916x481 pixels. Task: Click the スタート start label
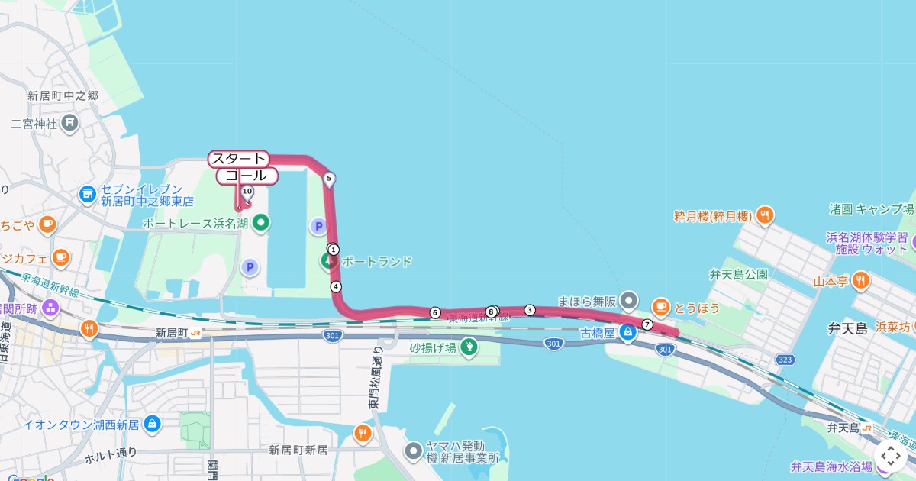pyautogui.click(x=238, y=159)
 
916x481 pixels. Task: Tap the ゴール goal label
pyautogui.click(x=247, y=176)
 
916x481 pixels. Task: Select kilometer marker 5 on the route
pyautogui.click(x=329, y=179)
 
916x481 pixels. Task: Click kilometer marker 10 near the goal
pyautogui.click(x=247, y=191)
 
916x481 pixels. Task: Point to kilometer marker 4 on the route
pyautogui.click(x=335, y=286)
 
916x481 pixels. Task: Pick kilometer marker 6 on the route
pyautogui.click(x=435, y=312)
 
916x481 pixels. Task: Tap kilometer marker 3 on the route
pyautogui.click(x=530, y=309)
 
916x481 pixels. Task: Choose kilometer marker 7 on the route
pyautogui.click(x=647, y=324)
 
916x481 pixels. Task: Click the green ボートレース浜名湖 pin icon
pyautogui.click(x=261, y=223)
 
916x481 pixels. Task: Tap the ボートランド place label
pyautogui.click(x=376, y=261)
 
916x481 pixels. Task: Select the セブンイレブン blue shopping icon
pyautogui.click(x=88, y=195)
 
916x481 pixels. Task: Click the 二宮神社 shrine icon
pyautogui.click(x=69, y=122)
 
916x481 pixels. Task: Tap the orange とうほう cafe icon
pyautogui.click(x=660, y=307)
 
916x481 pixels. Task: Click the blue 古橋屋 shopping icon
pyautogui.click(x=627, y=332)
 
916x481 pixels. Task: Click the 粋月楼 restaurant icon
pyautogui.click(x=766, y=216)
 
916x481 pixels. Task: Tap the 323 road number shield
pyautogui.click(x=785, y=359)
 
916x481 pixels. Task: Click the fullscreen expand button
pyautogui.click(x=890, y=457)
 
